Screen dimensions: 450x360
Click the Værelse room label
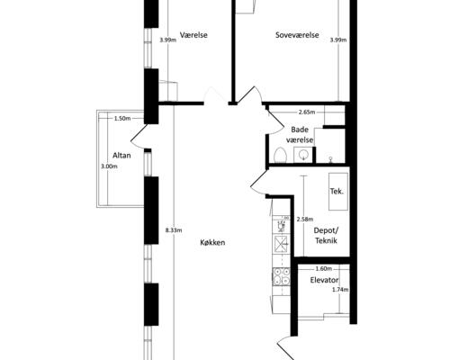tap(193, 35)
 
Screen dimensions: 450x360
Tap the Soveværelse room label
tap(297, 35)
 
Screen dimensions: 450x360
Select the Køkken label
tap(212, 242)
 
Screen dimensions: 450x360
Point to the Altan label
tap(121, 156)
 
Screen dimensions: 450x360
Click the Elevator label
tap(324, 280)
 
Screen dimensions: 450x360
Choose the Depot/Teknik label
tap(326, 236)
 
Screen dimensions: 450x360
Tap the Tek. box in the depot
tap(338, 192)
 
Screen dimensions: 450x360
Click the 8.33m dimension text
tap(174, 230)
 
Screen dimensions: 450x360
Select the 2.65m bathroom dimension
tap(307, 112)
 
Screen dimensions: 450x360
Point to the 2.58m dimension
tap(305, 220)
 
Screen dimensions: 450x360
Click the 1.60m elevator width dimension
tap(324, 268)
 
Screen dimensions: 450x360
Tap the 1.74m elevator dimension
tap(340, 290)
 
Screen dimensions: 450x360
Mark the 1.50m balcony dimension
tap(122, 119)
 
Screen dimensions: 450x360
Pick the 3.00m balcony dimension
tap(109, 166)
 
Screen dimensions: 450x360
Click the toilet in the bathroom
tap(281, 156)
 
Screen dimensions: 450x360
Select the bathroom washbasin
tap(303, 155)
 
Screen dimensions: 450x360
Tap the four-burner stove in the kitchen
tap(282, 276)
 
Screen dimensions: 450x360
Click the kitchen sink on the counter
tap(281, 244)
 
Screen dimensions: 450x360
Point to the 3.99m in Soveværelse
tap(338, 40)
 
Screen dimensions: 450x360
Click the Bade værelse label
tap(300, 135)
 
